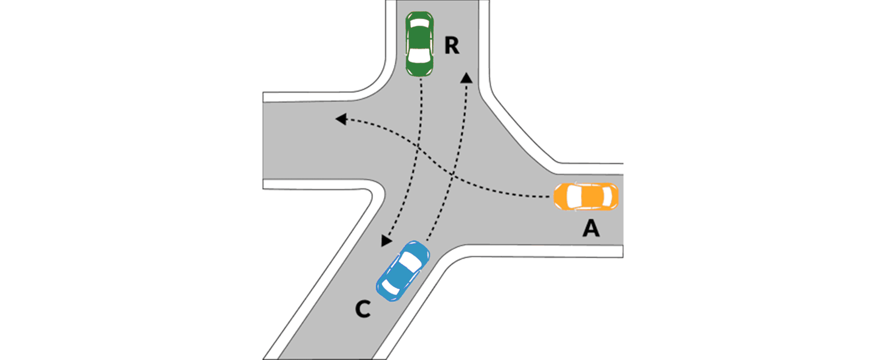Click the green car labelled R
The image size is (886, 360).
point(420,44)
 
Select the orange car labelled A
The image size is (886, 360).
point(586,197)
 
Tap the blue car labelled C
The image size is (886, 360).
point(403,271)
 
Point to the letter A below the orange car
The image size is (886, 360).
point(591,228)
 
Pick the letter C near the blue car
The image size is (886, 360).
point(363,309)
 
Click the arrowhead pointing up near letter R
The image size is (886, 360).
point(467,78)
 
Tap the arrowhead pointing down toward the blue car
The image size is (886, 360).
point(386,240)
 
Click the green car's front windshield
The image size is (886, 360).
point(419,55)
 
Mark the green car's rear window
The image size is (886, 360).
point(420,23)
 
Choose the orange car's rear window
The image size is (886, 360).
point(606,197)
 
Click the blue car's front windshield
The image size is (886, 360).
point(411,261)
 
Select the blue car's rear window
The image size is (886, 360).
point(390,288)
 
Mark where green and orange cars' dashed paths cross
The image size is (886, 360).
point(419,147)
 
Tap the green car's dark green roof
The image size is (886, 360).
point(420,38)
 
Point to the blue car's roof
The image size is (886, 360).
point(400,275)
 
